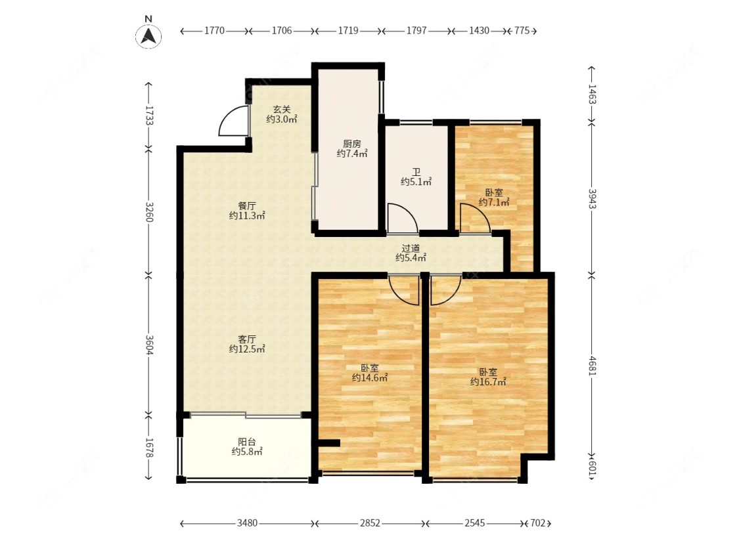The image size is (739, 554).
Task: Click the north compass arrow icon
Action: coord(148,36)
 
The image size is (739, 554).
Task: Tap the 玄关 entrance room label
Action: coord(282,114)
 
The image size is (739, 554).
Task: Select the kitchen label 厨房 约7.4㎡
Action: coord(352,148)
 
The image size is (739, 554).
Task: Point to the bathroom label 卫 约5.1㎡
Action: coord(416,177)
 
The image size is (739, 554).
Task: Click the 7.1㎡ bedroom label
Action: coord(494,198)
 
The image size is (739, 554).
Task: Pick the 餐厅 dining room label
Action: coord(247,211)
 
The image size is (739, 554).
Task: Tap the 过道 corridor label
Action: coord(411,253)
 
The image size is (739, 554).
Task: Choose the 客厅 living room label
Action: coord(247,345)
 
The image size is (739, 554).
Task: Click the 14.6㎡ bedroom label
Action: coord(370,373)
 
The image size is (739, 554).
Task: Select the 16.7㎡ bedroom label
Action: coord(488,377)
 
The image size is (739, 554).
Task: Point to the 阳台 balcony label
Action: coord(247,446)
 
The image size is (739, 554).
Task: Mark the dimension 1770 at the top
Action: coord(214,31)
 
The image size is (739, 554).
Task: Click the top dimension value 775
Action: coord(522,31)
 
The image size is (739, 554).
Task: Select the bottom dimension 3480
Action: coord(247,523)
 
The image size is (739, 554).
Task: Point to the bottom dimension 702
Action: coord(538,523)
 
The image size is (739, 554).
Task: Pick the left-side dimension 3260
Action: coord(149,212)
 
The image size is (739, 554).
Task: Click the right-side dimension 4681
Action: coord(593,366)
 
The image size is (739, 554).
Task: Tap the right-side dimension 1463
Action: coord(593,95)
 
